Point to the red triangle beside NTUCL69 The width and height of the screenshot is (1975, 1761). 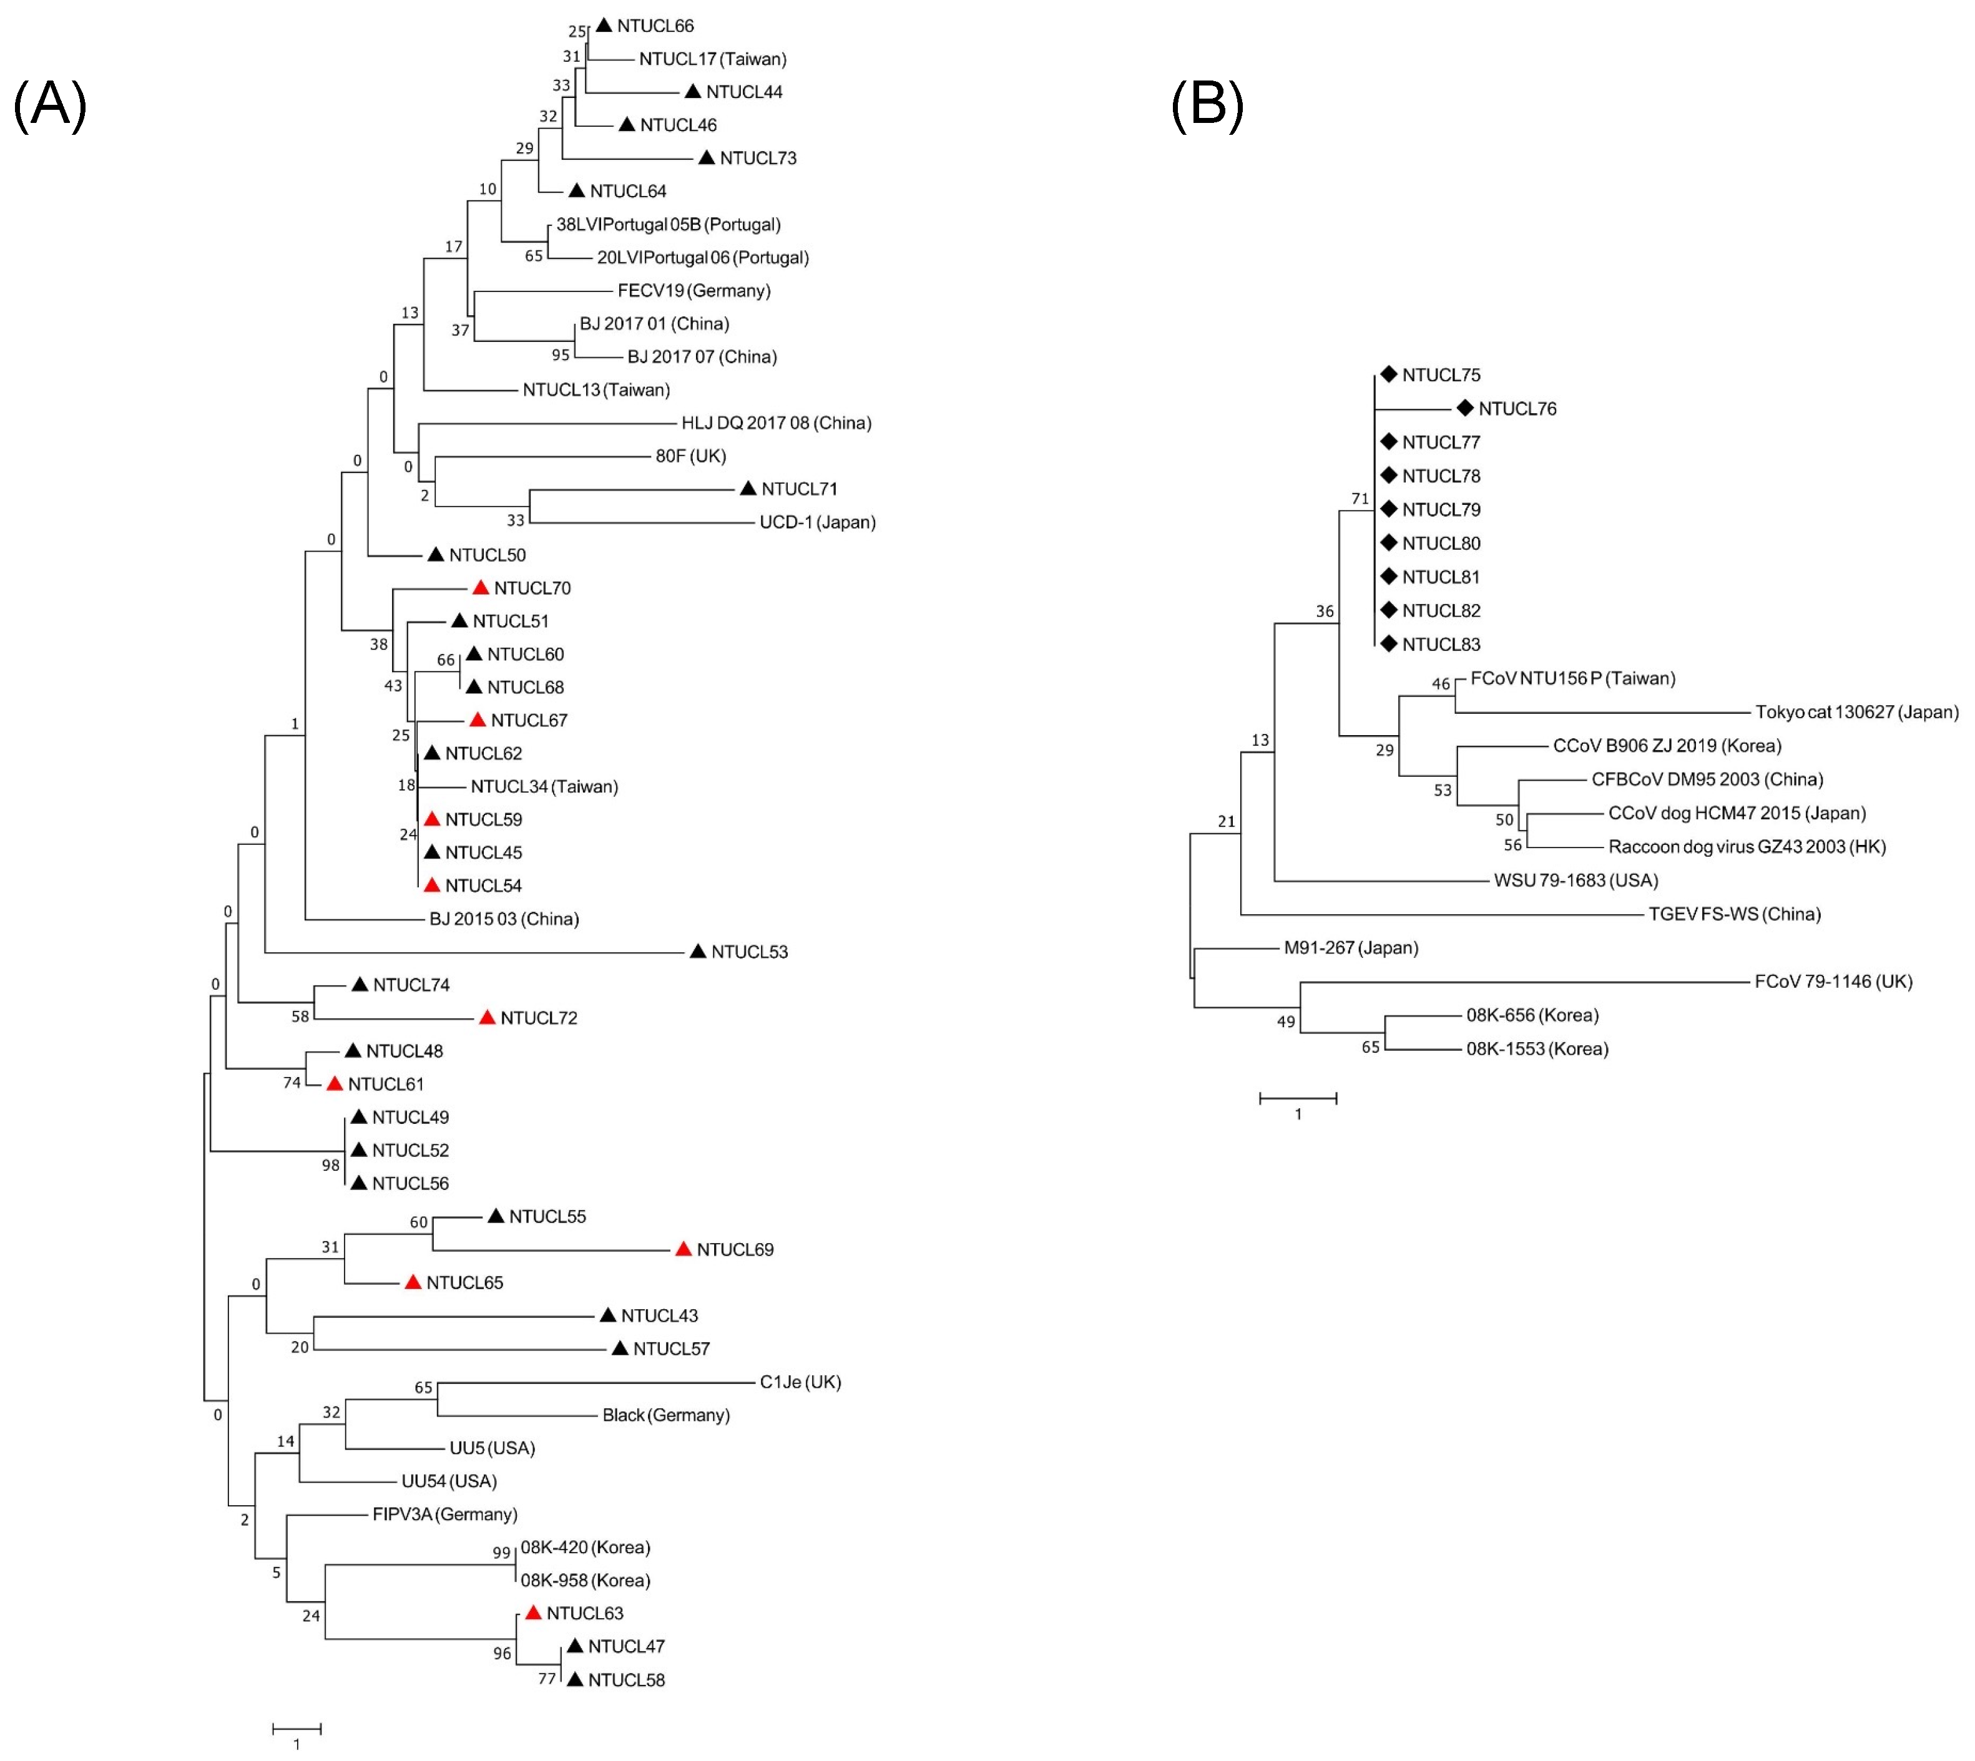tap(683, 1249)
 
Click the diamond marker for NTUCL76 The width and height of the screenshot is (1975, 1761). tap(1465, 408)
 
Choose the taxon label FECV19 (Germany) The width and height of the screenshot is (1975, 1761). tap(694, 290)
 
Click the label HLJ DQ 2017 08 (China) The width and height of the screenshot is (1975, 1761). tap(776, 423)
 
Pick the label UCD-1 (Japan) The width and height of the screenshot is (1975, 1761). tap(818, 522)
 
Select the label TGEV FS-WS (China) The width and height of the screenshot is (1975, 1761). tap(1734, 914)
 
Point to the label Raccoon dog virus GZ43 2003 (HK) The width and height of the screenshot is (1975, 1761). tap(1747, 847)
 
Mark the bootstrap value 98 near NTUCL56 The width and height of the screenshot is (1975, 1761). tap(331, 1165)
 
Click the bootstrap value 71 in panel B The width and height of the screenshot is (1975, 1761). tap(1360, 499)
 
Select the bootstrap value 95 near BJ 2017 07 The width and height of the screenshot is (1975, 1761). tap(561, 355)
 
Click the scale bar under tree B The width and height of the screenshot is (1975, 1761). tap(1298, 1098)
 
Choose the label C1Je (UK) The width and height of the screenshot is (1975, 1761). tap(800, 1382)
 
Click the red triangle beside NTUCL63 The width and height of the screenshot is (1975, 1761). tap(533, 1613)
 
